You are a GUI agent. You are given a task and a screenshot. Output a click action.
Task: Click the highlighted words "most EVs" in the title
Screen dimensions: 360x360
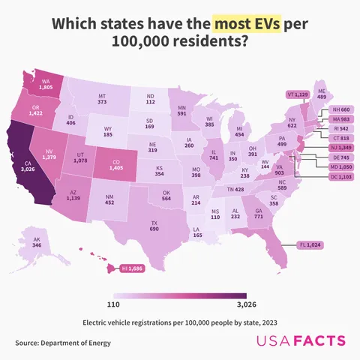tap(247, 25)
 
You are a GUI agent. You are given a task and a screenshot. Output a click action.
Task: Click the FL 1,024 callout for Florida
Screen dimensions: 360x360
tap(309, 244)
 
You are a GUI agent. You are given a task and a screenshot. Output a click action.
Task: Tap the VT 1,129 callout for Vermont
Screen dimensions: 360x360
tap(298, 94)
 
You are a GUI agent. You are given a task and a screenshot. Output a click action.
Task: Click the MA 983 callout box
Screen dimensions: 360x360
tap(340, 119)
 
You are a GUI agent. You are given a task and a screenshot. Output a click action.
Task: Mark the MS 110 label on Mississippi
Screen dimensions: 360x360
tap(216, 214)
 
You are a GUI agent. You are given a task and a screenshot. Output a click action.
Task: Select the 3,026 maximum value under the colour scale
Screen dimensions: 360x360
tap(235, 305)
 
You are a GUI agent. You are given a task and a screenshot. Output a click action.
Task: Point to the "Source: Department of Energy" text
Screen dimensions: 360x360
tap(62, 343)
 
